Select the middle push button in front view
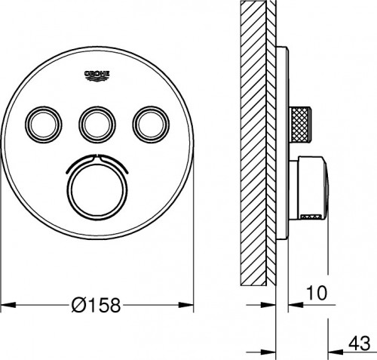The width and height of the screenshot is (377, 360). click(97, 122)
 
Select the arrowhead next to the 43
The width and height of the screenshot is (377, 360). click(335, 351)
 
